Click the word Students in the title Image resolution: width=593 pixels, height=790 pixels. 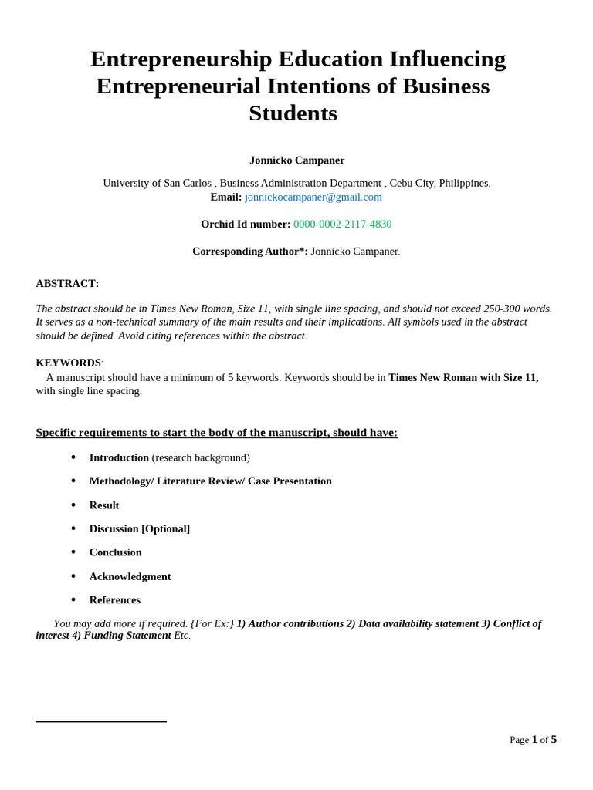293,113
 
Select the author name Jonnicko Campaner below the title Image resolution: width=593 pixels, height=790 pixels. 296,160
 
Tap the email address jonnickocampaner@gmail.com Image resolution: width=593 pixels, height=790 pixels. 313,197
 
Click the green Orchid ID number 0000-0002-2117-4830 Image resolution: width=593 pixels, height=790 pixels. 342,224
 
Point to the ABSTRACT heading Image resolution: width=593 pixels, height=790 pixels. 67,283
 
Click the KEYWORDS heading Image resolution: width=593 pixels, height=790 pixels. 68,363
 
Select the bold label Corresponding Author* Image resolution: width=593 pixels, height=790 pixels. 249,252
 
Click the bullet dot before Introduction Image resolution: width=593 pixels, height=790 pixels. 73,457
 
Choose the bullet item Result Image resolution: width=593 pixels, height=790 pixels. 104,505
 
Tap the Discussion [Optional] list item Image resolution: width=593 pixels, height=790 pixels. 139,528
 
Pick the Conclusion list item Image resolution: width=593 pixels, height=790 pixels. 115,552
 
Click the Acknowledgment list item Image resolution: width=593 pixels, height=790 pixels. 130,576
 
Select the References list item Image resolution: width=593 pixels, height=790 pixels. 114,600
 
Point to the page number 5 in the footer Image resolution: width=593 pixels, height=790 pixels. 554,739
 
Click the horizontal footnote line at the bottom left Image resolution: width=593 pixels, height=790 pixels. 100,721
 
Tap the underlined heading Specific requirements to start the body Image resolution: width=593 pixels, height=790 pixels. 216,433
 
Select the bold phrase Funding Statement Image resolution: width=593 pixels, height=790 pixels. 127,635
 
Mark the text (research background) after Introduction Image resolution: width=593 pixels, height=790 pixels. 201,457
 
